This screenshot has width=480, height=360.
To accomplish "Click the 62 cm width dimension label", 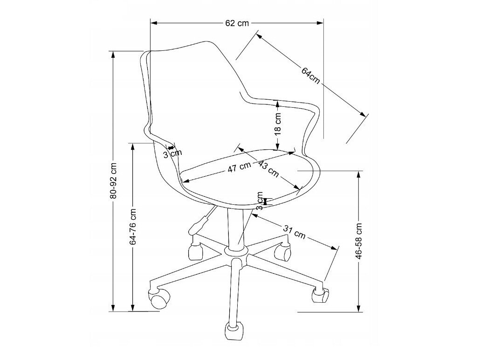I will tap(237, 23).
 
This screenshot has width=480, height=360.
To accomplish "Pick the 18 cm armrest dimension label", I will tap(278, 124).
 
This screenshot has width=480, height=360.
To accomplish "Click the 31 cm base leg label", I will tap(294, 232).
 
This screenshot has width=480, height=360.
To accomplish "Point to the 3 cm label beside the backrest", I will tap(172, 152).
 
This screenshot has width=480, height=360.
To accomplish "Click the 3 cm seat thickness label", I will tap(260, 201).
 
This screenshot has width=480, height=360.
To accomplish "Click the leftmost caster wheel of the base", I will tap(158, 298).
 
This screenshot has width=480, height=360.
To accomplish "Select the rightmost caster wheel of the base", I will tap(320, 294).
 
